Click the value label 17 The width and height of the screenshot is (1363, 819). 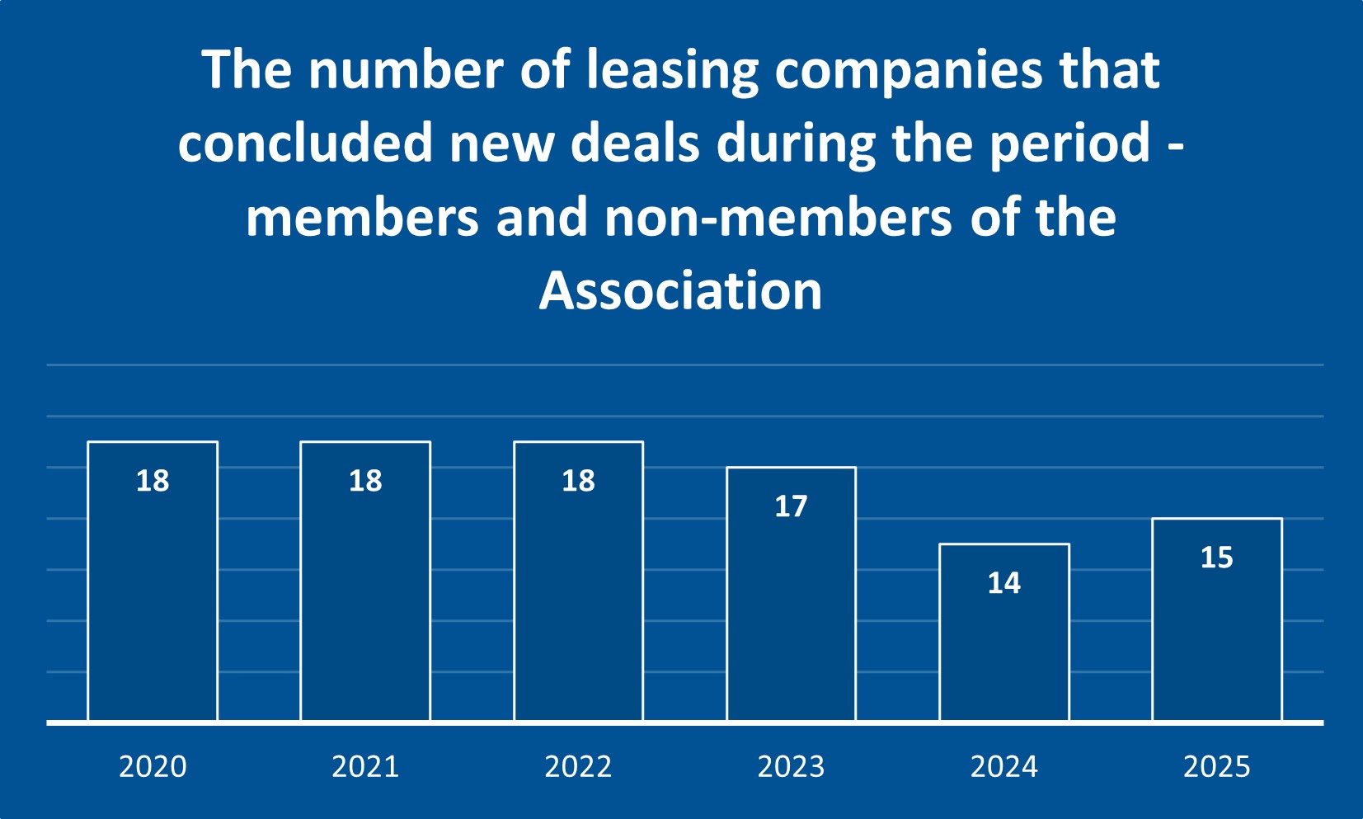tap(791, 506)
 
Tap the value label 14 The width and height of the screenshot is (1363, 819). tap(1004, 583)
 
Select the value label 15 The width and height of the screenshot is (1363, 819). tap(1217, 558)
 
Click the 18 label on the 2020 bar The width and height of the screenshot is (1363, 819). tap(153, 481)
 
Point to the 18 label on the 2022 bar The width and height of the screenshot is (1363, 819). tap(578, 481)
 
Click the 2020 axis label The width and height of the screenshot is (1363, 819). tap(153, 767)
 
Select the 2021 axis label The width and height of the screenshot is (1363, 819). tap(365, 767)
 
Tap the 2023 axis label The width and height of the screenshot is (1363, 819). tap(791, 767)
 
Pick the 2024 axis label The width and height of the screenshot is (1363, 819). tap(1004, 767)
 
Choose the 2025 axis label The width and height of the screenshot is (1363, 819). tap(1217, 767)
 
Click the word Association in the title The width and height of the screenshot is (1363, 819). tap(681, 291)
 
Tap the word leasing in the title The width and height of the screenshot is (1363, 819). tap(672, 70)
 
